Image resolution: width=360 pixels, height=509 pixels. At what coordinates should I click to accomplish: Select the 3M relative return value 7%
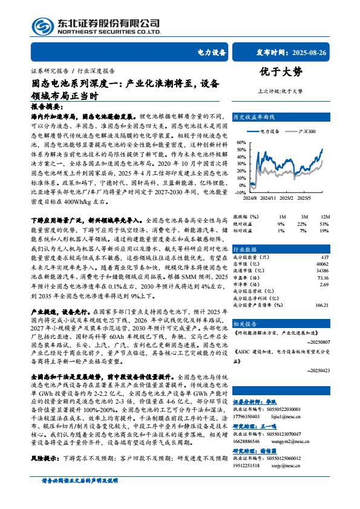pos(303,230)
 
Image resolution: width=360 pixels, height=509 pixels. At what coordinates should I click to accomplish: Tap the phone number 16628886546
pos(247,442)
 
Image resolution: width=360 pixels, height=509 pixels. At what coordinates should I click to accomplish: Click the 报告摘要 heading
pos(45,105)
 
